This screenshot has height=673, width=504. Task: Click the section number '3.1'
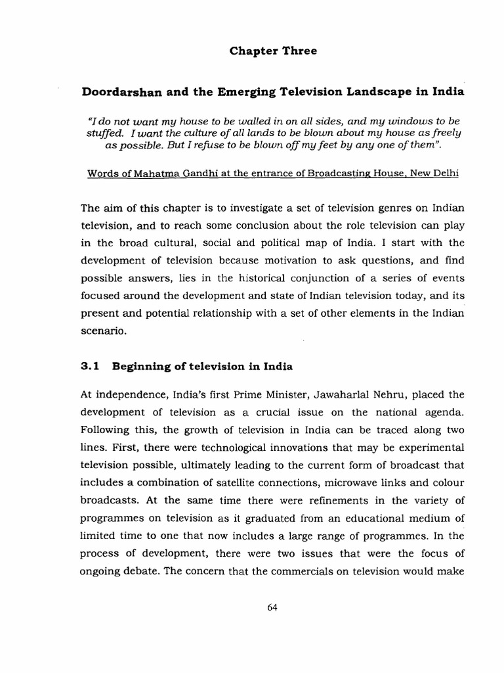pos(91,367)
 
